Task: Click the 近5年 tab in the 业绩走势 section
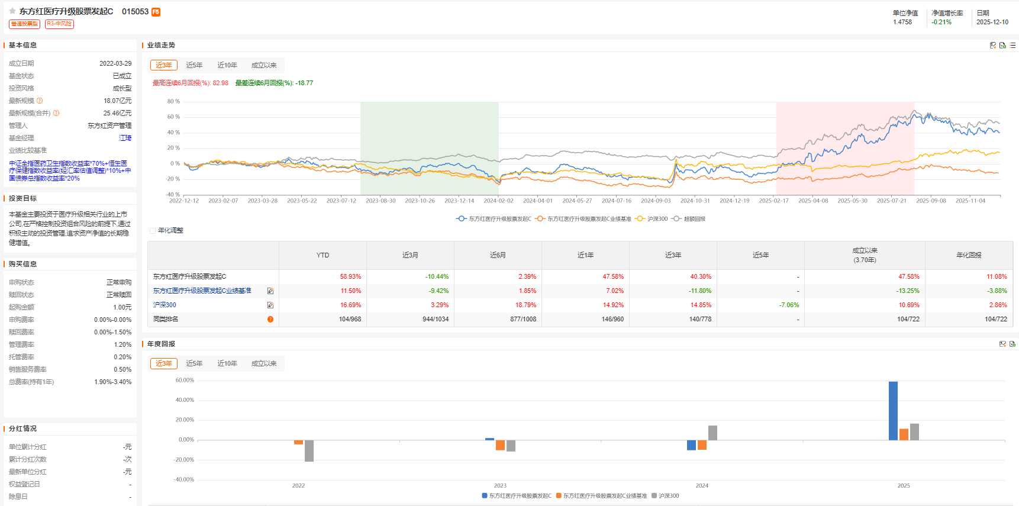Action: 194,65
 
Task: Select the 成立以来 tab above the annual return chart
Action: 263,363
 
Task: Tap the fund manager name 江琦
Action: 125,138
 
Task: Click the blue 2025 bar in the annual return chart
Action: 893,411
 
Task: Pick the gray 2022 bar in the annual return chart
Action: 309,450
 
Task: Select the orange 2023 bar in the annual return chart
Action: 500,445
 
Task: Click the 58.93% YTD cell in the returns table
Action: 350,276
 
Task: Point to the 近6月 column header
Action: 498,255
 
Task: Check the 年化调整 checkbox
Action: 153,231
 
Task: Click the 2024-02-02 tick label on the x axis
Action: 498,201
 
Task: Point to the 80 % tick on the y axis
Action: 173,101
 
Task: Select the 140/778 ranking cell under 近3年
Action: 700,319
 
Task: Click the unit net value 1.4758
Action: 902,22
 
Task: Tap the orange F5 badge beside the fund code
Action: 156,12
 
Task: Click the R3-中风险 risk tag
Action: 59,24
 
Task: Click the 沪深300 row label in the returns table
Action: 165,305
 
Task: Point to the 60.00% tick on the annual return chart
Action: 185,380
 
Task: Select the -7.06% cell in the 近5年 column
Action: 789,305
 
